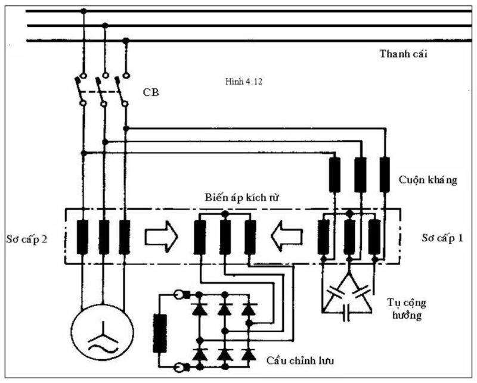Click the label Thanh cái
(x=404, y=54)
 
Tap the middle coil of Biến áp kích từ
(x=225, y=235)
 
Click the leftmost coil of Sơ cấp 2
(x=82, y=235)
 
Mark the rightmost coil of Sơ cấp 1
(x=374, y=235)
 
